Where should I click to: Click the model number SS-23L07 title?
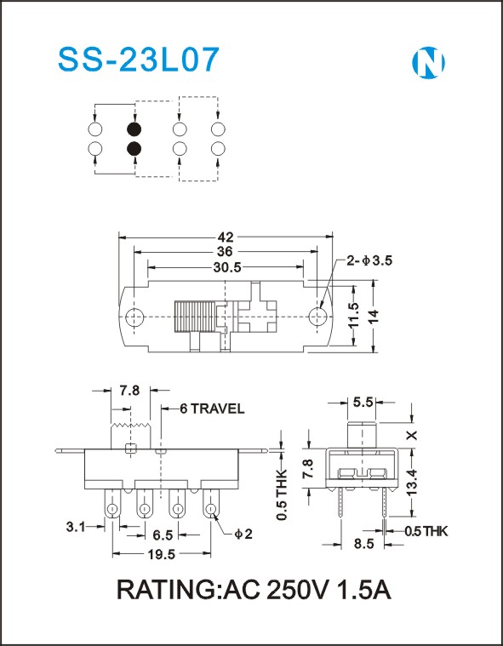coord(138,60)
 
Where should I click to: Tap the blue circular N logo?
coord(428,63)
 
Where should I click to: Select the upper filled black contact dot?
coord(134,129)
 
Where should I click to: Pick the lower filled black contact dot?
coord(134,148)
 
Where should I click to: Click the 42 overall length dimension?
coord(226,237)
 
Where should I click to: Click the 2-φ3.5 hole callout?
coord(369,260)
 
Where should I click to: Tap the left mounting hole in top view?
coord(134,317)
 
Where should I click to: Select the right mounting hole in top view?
coord(317,317)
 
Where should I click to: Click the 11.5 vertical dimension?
coord(353,316)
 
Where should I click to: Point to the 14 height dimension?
coord(374,316)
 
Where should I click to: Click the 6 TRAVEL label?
coord(212,409)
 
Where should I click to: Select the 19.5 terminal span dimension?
coord(162,555)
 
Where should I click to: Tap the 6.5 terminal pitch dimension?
coord(163,535)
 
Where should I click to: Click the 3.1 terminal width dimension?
coord(77,527)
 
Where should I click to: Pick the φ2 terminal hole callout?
coord(243,535)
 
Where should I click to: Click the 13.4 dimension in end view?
coord(413,482)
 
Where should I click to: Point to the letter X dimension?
coord(413,435)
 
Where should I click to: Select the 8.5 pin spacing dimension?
coord(363,544)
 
